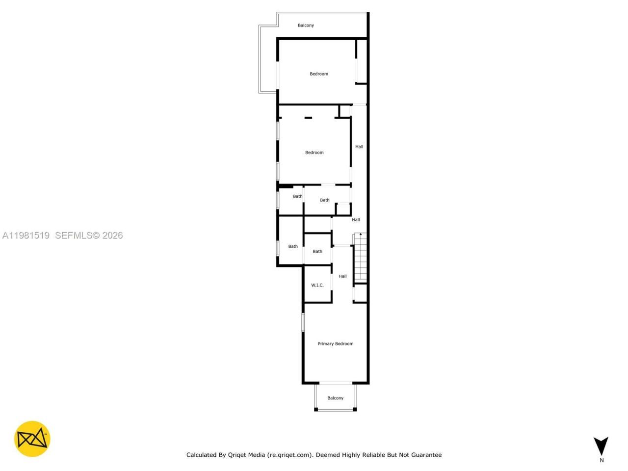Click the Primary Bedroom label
click(x=335, y=344)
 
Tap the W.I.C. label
click(x=317, y=285)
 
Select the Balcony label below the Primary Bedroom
click(x=335, y=398)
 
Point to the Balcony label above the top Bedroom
click(x=306, y=26)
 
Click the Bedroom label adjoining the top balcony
click(x=318, y=74)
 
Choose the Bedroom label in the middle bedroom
click(x=314, y=153)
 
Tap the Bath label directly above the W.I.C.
click(x=317, y=252)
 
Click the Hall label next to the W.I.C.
click(x=342, y=276)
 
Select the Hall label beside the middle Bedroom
click(x=359, y=147)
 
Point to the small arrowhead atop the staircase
click(x=361, y=235)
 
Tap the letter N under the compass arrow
click(x=602, y=460)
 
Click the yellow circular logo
click(x=32, y=439)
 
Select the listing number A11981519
click(x=26, y=235)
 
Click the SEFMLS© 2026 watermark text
click(x=89, y=235)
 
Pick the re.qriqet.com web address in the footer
click(x=289, y=455)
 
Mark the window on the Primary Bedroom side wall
click(x=303, y=322)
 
